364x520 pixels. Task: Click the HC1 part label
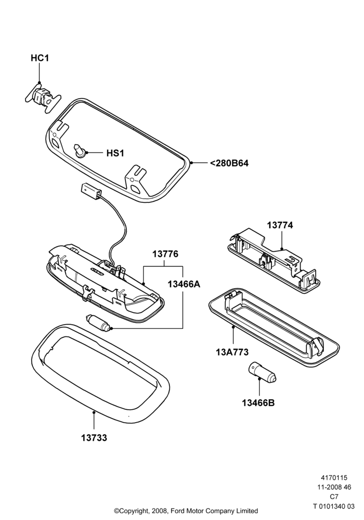click(40, 58)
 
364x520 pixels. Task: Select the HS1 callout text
click(115, 153)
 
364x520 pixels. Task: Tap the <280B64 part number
click(229, 163)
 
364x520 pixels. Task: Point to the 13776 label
click(165, 254)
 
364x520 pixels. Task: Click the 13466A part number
click(184, 284)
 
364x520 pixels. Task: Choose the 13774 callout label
click(280, 225)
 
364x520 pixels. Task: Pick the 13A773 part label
click(232, 352)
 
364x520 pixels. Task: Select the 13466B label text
click(258, 403)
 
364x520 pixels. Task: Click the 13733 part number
click(94, 438)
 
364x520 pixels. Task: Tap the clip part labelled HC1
click(43, 97)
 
